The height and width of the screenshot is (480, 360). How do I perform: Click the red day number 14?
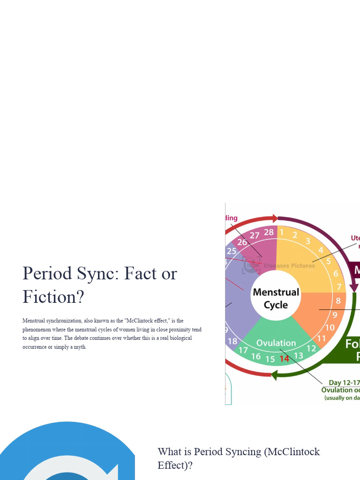(285, 359)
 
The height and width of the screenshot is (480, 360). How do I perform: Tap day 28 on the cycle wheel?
(269, 232)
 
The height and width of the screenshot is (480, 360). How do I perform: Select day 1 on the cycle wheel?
(282, 232)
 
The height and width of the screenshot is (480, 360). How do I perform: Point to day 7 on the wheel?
(338, 286)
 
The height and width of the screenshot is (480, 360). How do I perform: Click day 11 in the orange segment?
(322, 338)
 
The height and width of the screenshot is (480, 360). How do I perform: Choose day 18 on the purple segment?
(232, 341)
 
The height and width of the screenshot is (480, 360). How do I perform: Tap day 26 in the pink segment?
(242, 242)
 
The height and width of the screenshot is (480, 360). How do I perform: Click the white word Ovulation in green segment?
(276, 343)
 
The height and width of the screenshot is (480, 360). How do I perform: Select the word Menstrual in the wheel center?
(276, 292)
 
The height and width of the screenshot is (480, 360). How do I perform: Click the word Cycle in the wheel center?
(276, 305)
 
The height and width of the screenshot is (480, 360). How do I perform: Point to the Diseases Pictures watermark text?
(289, 266)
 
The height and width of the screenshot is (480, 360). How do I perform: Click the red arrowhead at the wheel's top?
(274, 218)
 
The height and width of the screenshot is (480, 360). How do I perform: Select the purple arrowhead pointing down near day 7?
(354, 287)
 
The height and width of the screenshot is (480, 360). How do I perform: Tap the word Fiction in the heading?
(49, 297)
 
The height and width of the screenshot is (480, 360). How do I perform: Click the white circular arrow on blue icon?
(70, 469)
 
